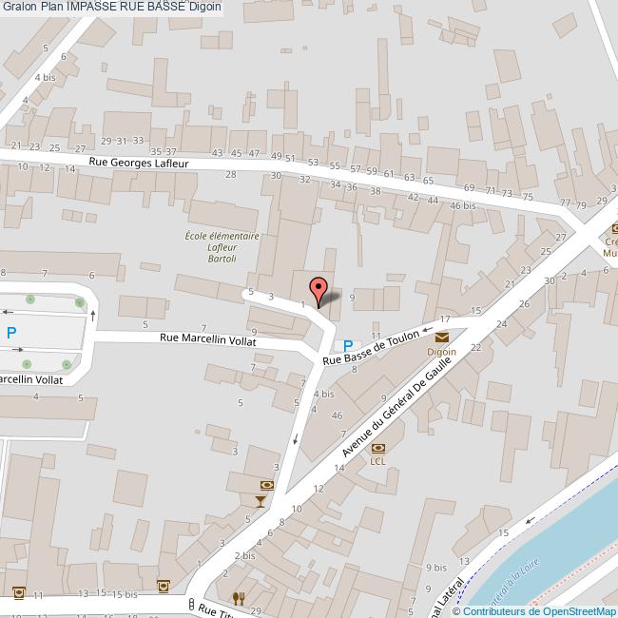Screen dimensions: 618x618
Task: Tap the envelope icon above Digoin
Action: coord(442,337)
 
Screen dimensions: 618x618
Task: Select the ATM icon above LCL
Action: coord(378,447)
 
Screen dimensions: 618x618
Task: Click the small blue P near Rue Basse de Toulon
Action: coord(349,345)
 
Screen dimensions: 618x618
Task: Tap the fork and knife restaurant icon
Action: coord(238,598)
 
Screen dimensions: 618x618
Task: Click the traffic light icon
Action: coord(192,604)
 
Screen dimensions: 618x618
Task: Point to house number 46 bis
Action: coord(463,205)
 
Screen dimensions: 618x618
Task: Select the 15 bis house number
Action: coord(125,594)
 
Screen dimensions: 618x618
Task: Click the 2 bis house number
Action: coord(245,555)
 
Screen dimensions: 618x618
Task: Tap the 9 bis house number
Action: coord(436,567)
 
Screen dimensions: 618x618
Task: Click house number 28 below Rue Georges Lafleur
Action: coord(230,174)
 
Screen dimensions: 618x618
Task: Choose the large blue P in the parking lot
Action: coord(11,333)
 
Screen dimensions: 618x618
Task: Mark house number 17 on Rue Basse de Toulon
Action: coord(445,319)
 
